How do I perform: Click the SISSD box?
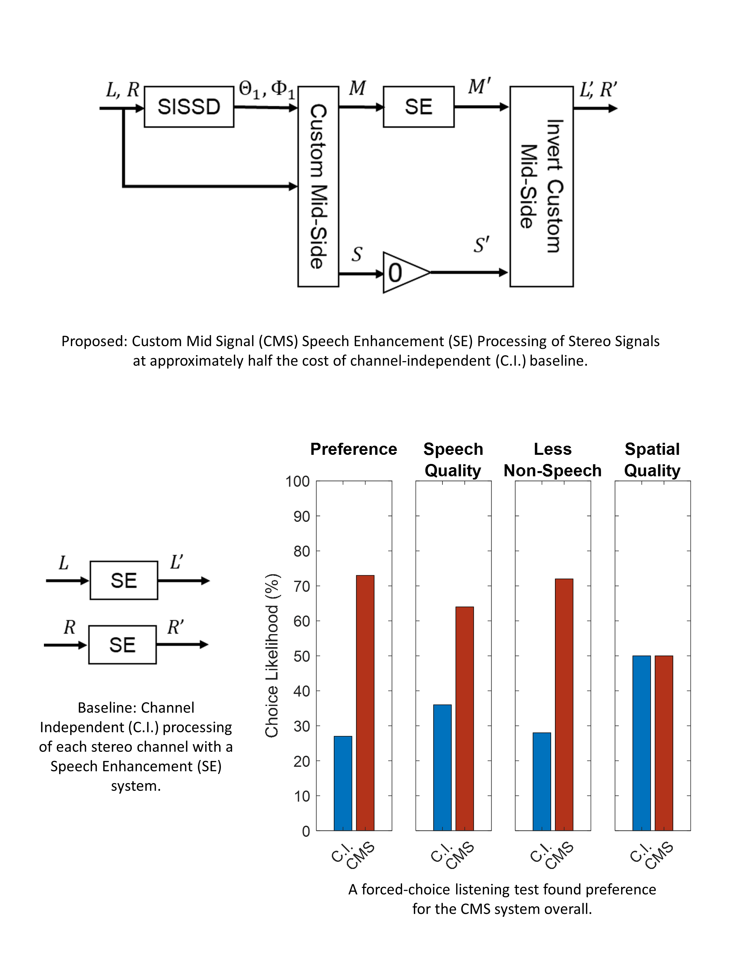point(189,107)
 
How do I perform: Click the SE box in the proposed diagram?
point(418,107)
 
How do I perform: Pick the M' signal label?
point(479,87)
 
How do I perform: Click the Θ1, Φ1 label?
point(266,89)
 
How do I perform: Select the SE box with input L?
point(124,580)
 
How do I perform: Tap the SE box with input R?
point(122,644)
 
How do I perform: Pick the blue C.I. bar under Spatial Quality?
point(641,743)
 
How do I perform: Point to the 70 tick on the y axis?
point(302,586)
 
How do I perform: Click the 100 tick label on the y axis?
point(297,481)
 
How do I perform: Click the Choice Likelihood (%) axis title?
point(272,656)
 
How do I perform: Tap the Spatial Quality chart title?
point(652,459)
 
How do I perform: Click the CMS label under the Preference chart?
point(361,856)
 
